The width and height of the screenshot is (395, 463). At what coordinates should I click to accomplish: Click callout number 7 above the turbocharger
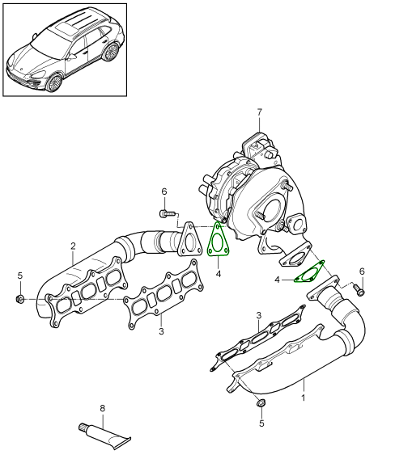coord(260,112)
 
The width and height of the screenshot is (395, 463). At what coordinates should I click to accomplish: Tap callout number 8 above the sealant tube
coord(102,408)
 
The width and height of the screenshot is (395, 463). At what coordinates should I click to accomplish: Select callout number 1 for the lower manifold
coord(303,398)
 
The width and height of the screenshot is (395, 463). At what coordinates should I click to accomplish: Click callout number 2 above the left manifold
coord(73,246)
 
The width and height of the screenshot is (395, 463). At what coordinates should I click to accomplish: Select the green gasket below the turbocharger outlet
coord(309,272)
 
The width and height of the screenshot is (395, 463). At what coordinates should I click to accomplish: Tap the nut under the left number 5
coord(20,299)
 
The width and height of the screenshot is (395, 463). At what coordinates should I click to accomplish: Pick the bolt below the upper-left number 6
coord(168,213)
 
